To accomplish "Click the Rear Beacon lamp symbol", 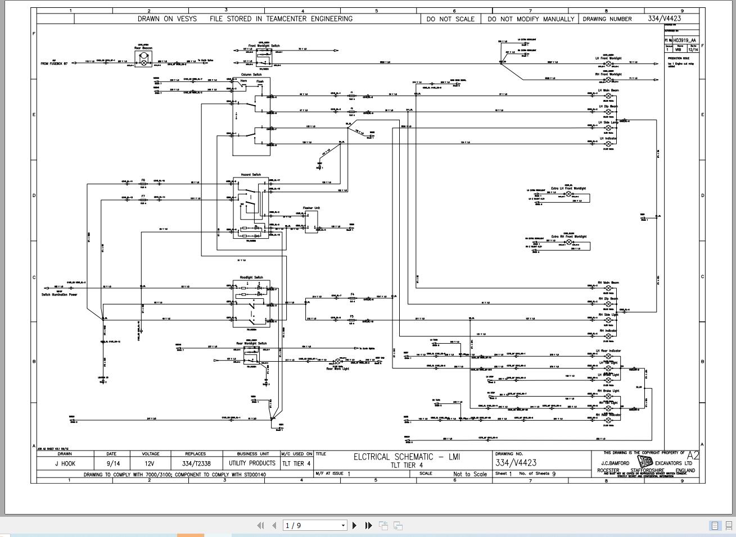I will (143, 62).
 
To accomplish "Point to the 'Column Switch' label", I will (251, 75).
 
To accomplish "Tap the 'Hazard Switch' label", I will (251, 175).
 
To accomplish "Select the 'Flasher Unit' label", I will (311, 208).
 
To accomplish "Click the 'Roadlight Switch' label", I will (251, 277).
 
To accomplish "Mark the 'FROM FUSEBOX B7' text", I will (54, 63).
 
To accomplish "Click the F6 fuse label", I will (143, 180).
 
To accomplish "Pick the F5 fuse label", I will (352, 316).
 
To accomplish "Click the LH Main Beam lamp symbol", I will (608, 96).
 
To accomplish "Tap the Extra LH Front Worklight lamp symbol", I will (568, 194).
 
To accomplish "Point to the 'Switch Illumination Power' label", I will (59, 294).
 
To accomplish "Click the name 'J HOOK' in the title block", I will (65, 463).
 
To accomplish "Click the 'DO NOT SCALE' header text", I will (450, 19).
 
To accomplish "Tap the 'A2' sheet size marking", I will (693, 456).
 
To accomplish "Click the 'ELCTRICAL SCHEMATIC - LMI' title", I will (407, 457).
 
